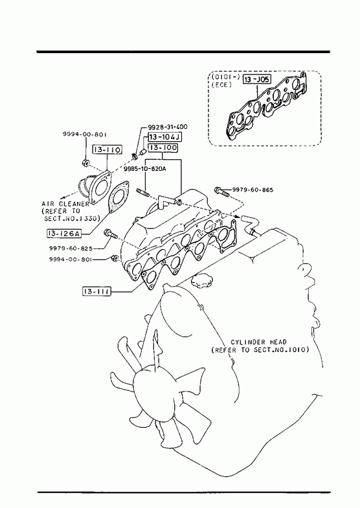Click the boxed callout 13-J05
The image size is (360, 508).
[256, 79]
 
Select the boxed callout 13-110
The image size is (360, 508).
[107, 149]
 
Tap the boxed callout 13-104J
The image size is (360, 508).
[164, 137]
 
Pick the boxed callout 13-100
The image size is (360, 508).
[163, 148]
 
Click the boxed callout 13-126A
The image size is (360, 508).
[64, 233]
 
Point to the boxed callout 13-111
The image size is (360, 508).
[96, 292]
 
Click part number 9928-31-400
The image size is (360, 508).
[168, 127]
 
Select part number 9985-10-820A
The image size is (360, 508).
[145, 168]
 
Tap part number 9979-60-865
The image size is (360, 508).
[253, 190]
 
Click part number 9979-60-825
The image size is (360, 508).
[71, 248]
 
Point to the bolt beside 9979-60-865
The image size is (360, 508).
[222, 192]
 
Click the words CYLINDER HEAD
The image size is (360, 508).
[258, 342]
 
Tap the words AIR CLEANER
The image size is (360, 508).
[65, 204]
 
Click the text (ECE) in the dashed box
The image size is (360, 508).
[221, 85]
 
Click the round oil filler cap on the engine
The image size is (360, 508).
[201, 282]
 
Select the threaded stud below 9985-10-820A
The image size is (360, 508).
[142, 193]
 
